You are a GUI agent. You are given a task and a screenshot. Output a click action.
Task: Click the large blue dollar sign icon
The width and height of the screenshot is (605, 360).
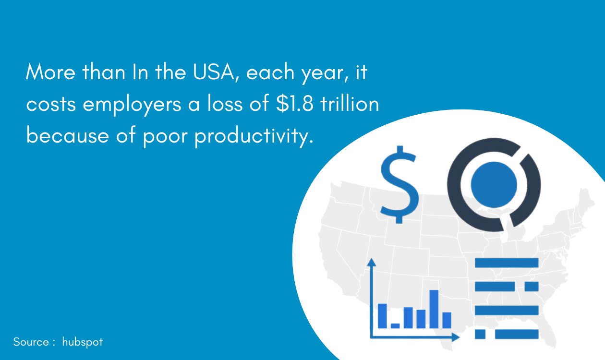[x=398, y=185]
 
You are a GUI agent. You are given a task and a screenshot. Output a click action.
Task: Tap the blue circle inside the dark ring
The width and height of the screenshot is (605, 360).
[x=494, y=185]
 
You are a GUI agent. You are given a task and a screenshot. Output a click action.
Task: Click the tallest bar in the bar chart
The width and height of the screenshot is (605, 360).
[x=434, y=309]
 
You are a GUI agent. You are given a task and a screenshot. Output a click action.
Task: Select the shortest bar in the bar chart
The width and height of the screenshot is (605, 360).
[x=395, y=325]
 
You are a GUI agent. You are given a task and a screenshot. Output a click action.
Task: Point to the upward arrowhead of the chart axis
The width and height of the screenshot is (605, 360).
[x=371, y=263]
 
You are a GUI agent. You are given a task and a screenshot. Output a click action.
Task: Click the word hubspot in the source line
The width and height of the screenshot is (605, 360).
[x=82, y=342]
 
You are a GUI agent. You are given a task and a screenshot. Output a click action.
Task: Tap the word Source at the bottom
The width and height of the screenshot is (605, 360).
[x=31, y=342]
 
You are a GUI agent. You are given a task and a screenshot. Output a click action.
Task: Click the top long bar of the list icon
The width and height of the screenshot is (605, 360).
[x=507, y=263]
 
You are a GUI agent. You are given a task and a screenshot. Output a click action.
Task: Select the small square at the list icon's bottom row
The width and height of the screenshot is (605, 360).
[x=480, y=334]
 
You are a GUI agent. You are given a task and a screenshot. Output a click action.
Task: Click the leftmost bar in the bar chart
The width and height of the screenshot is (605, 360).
[x=383, y=315]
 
